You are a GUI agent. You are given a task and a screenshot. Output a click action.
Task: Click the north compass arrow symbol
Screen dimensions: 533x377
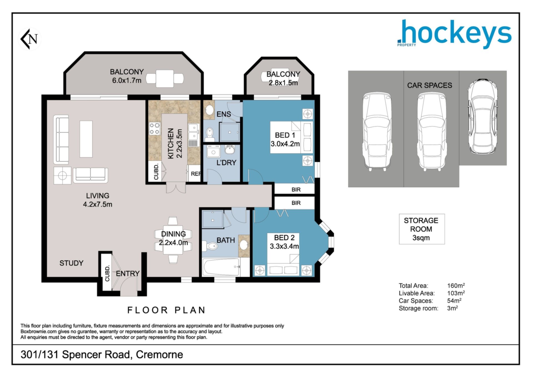pyautogui.click(x=30, y=39)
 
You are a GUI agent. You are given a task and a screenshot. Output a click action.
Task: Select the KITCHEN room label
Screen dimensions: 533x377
pyautogui.click(x=171, y=143)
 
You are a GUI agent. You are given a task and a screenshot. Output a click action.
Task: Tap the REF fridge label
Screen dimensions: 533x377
pyautogui.click(x=196, y=174)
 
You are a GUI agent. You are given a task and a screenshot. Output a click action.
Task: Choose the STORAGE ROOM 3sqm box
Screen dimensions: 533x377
pyautogui.click(x=422, y=229)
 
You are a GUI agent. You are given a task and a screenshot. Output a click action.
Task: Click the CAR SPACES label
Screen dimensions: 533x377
pyautogui.click(x=429, y=85)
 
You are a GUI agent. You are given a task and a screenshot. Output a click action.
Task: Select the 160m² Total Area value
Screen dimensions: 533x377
pyautogui.click(x=456, y=286)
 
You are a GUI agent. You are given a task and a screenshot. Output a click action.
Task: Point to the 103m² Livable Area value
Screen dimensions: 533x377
pyautogui.click(x=456, y=293)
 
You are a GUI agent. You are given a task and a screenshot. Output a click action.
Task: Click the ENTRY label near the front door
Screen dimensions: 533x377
pyautogui.click(x=128, y=274)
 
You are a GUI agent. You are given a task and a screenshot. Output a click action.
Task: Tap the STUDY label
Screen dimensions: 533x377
pyautogui.click(x=71, y=263)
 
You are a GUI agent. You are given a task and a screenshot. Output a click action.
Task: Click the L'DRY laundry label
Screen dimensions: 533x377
pyautogui.click(x=226, y=163)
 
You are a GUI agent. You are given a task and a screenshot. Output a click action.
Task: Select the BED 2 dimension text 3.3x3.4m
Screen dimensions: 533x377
pyautogui.click(x=284, y=246)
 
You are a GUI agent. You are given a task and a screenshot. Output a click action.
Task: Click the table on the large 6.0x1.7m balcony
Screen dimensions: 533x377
pyautogui.click(x=165, y=79)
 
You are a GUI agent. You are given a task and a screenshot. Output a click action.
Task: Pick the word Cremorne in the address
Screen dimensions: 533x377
pyautogui.click(x=159, y=354)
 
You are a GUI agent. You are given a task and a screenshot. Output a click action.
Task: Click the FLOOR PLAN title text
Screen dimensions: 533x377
pyautogui.click(x=166, y=310)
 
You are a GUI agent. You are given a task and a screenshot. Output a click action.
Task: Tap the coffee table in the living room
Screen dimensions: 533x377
pyautogui.click(x=86, y=139)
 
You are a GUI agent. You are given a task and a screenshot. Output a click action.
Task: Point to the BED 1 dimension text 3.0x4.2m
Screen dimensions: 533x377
pyautogui.click(x=285, y=144)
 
